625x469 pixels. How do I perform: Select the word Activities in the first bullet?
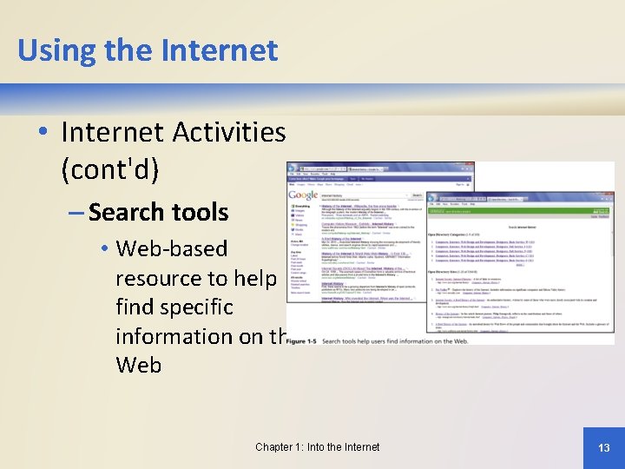(228, 133)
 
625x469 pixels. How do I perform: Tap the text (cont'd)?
(109, 168)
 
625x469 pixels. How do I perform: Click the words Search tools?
(158, 212)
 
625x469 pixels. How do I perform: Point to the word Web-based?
(171, 249)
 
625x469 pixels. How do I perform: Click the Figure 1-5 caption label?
(301, 342)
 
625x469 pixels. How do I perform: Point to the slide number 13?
(604, 447)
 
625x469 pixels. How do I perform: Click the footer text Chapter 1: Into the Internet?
(317, 447)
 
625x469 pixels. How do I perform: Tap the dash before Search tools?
(73, 213)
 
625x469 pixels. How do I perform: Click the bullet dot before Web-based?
(103, 250)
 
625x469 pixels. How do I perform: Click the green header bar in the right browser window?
(521, 211)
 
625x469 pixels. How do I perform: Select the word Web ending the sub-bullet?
(138, 365)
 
